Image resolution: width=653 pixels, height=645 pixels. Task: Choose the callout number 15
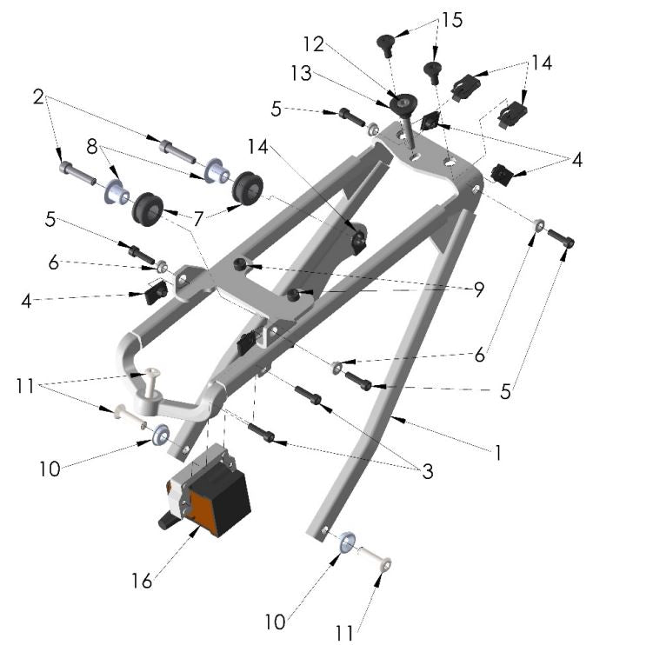coord(452,18)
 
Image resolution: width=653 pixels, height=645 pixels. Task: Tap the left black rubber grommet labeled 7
coord(147,207)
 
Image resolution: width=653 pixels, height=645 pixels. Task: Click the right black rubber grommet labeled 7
coord(248,185)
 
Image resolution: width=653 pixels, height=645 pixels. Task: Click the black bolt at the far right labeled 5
coord(561,237)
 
